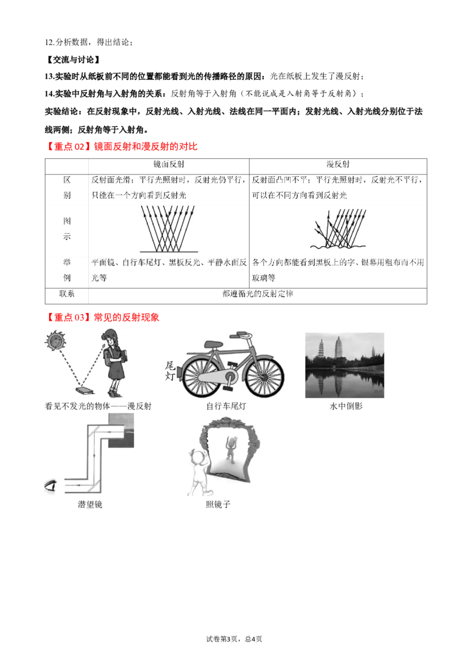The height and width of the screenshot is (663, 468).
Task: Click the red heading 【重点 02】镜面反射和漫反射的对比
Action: click(121, 147)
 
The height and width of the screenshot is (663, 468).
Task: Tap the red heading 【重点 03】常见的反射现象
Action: click(102, 317)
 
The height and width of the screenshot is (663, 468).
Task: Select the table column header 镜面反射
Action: click(168, 164)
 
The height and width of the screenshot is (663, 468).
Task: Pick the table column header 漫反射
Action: click(338, 164)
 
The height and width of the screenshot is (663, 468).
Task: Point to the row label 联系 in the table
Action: click(67, 293)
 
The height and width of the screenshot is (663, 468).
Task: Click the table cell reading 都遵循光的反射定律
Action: click(257, 293)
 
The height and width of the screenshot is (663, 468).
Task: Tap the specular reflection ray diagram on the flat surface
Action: click(168, 229)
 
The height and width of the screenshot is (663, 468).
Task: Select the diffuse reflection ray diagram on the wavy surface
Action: click(338, 229)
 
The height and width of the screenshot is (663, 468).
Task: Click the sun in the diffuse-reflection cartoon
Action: click(56, 340)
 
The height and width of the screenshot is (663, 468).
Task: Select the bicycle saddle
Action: click(214, 344)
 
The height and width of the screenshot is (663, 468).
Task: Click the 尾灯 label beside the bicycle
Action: click(170, 371)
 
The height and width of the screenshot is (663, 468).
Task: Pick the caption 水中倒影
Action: click(346, 406)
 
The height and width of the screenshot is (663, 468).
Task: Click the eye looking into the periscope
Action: click(51, 486)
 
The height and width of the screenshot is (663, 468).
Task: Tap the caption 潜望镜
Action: click(90, 504)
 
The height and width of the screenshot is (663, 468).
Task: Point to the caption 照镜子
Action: click(218, 504)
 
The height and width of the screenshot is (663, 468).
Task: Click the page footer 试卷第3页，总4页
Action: click(234, 639)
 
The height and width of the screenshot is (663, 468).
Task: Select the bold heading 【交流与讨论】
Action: click(72, 60)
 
